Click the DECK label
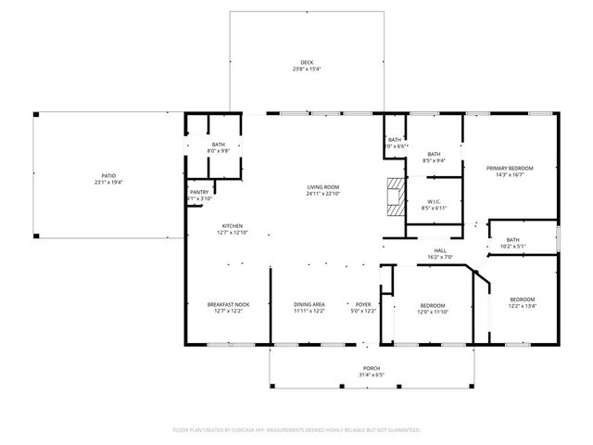click(307, 62)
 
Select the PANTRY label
click(200, 192)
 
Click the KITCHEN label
click(232, 225)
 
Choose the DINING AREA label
click(309, 305)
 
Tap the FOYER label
click(363, 305)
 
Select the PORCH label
click(372, 369)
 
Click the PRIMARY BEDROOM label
click(511, 168)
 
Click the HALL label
click(441, 249)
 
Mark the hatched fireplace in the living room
click(397, 197)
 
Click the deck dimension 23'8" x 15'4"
click(307, 70)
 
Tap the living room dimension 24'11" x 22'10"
click(323, 194)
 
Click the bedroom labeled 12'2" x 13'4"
click(523, 307)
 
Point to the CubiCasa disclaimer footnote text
click(296, 430)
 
